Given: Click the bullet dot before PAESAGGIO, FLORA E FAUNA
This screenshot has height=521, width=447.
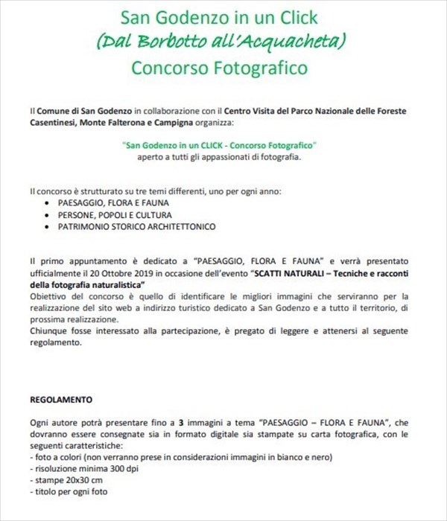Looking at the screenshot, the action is coord(49,202).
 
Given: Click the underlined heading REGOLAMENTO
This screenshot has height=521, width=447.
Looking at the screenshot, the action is coord(61,399).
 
